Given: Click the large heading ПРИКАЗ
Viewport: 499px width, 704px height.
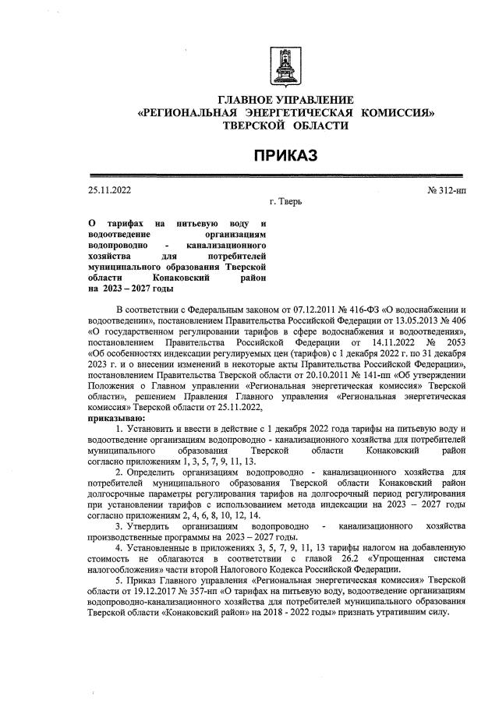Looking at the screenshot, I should tap(285, 156).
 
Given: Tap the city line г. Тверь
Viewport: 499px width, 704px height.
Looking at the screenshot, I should tap(285, 202).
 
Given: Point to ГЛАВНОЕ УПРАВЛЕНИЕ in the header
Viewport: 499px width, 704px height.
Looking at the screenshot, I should tap(285, 100).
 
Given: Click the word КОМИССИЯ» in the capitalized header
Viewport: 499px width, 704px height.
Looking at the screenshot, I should tap(397, 112).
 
